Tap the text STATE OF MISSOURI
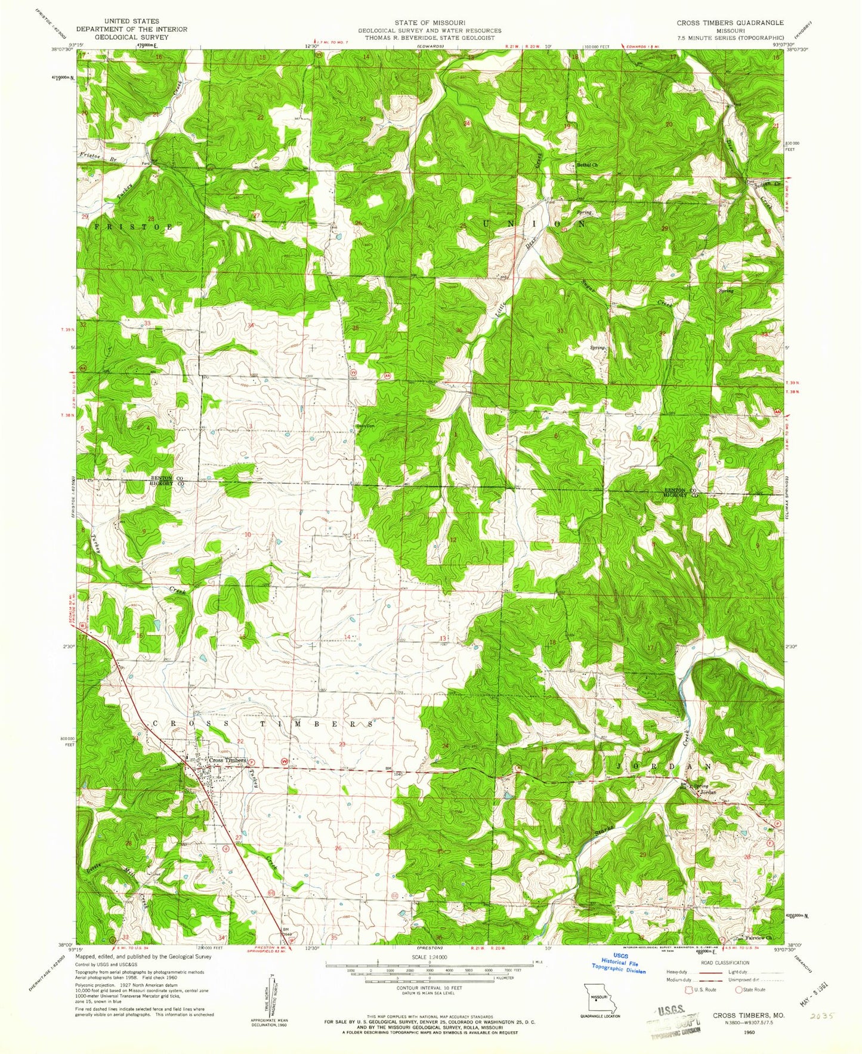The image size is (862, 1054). click(430, 22)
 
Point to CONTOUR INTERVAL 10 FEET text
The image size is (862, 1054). click(430, 1004)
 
